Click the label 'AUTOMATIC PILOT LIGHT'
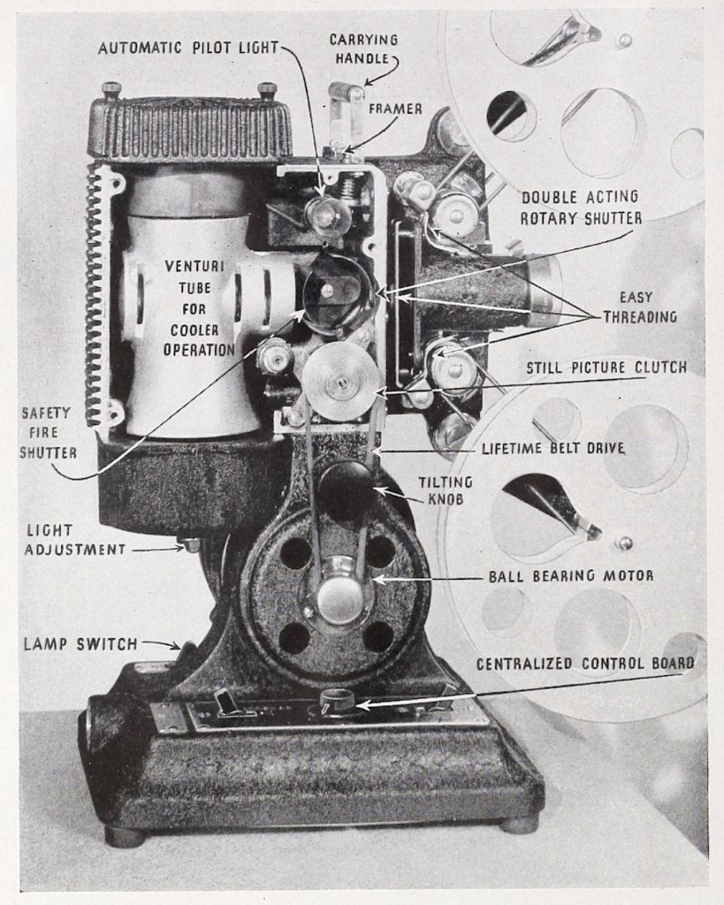188,47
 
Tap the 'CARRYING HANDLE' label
363,49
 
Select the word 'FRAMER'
395,109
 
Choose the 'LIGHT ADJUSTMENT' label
74,539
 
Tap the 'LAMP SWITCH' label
80,643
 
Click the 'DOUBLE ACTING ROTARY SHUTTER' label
581,207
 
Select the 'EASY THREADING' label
640,307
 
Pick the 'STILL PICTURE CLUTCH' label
606,368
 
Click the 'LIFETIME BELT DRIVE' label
553,448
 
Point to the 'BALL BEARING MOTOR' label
571,575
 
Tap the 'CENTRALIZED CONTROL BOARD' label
585,664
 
